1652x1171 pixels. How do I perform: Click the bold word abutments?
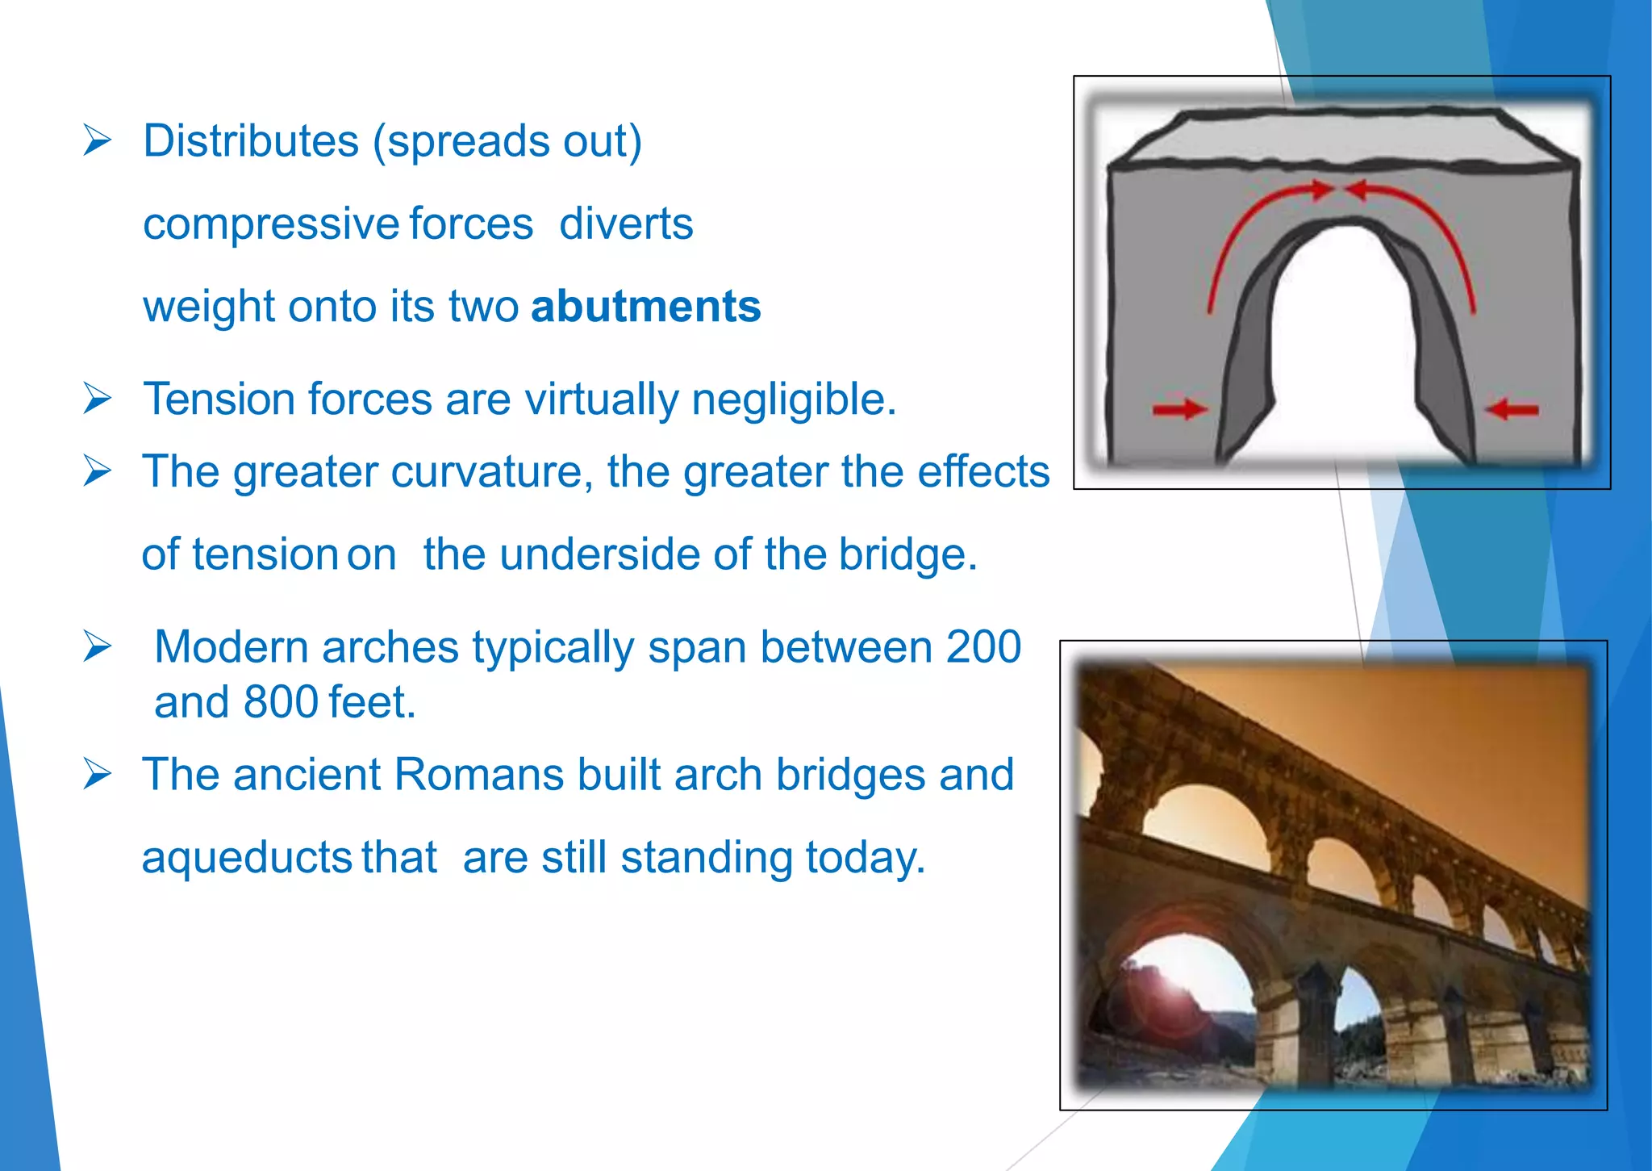click(x=645, y=307)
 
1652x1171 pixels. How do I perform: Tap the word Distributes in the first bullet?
click(x=250, y=142)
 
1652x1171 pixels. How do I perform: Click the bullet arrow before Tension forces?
click(x=97, y=399)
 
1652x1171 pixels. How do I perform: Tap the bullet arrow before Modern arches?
click(x=97, y=646)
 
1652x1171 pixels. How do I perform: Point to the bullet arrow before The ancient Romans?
click(x=97, y=775)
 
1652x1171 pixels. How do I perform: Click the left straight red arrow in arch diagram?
click(x=1179, y=409)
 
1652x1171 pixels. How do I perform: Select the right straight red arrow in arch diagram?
click(x=1512, y=410)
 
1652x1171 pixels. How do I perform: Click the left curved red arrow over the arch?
click(x=1246, y=226)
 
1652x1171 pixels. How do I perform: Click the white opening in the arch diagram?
click(x=1343, y=347)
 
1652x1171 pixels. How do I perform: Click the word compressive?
click(x=270, y=224)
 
